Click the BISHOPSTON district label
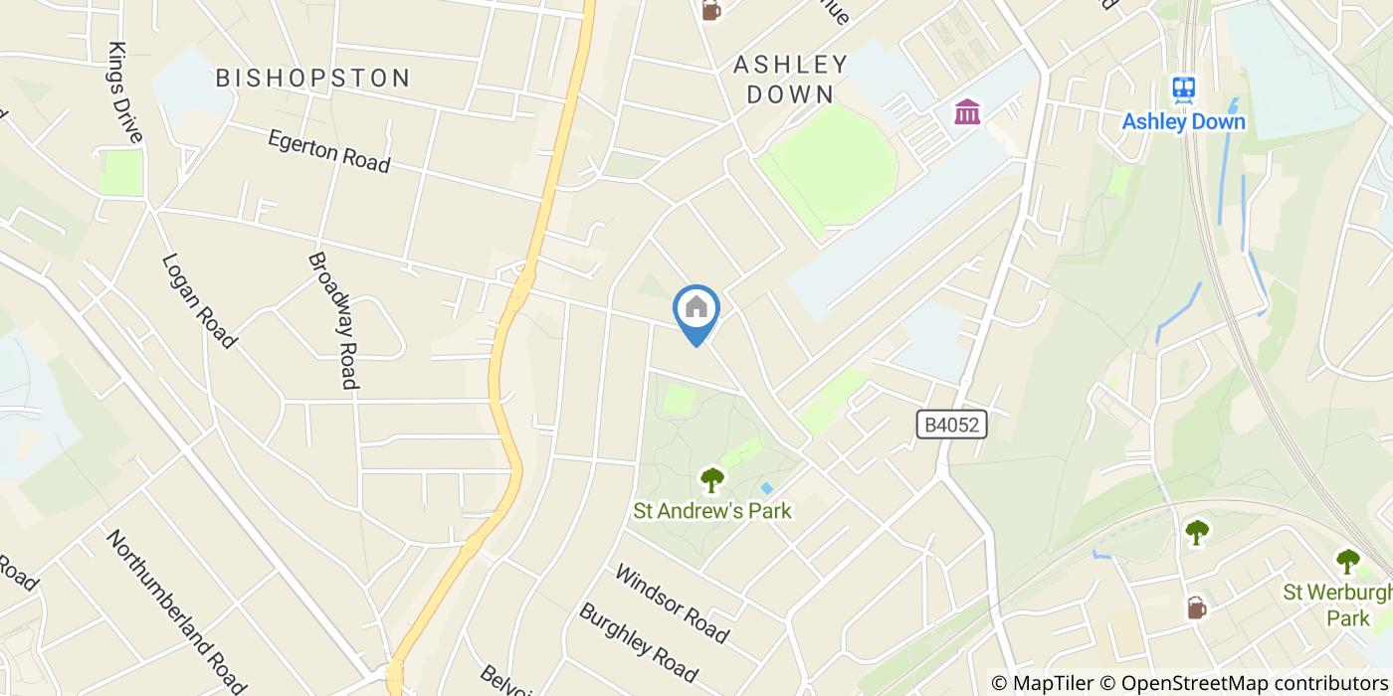click(x=313, y=78)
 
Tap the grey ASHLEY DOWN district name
click(x=790, y=80)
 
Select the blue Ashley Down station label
click(x=1183, y=121)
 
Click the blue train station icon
click(x=1183, y=89)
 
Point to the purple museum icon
click(x=965, y=111)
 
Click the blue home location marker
click(x=696, y=308)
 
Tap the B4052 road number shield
click(x=951, y=426)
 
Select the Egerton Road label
click(x=328, y=151)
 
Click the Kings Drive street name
click(x=126, y=92)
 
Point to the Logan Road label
click(x=199, y=300)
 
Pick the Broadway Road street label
click(x=332, y=319)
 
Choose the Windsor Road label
click(x=672, y=603)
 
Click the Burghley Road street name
click(x=638, y=637)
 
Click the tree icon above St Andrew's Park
click(x=711, y=481)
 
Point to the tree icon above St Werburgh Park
click(x=1347, y=562)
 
